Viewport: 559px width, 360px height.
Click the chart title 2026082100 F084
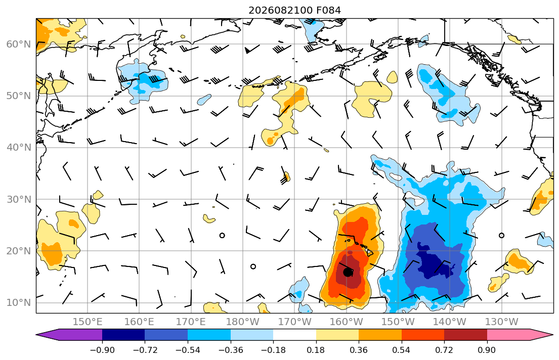(x=294, y=10)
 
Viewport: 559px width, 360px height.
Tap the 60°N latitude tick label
(x=19, y=44)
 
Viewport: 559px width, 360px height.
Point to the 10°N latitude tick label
(x=19, y=303)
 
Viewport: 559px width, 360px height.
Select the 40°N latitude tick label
(x=19, y=148)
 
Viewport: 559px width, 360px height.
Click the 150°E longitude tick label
(x=88, y=322)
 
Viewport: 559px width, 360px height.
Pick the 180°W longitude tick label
(x=243, y=322)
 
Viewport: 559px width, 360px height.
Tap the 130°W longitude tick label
(x=502, y=322)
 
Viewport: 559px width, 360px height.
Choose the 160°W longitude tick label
(x=347, y=322)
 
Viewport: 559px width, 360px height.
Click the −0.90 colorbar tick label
(x=102, y=350)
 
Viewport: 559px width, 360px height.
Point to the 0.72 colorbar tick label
(x=444, y=350)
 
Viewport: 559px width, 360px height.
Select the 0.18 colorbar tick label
(x=316, y=350)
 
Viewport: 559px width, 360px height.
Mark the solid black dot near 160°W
(x=348, y=273)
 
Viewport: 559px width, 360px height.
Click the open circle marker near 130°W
(x=502, y=235)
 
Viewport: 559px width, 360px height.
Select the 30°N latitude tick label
(x=19, y=199)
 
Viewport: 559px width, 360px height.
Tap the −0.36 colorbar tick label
(x=231, y=350)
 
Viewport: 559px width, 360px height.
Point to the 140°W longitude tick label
(x=450, y=322)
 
